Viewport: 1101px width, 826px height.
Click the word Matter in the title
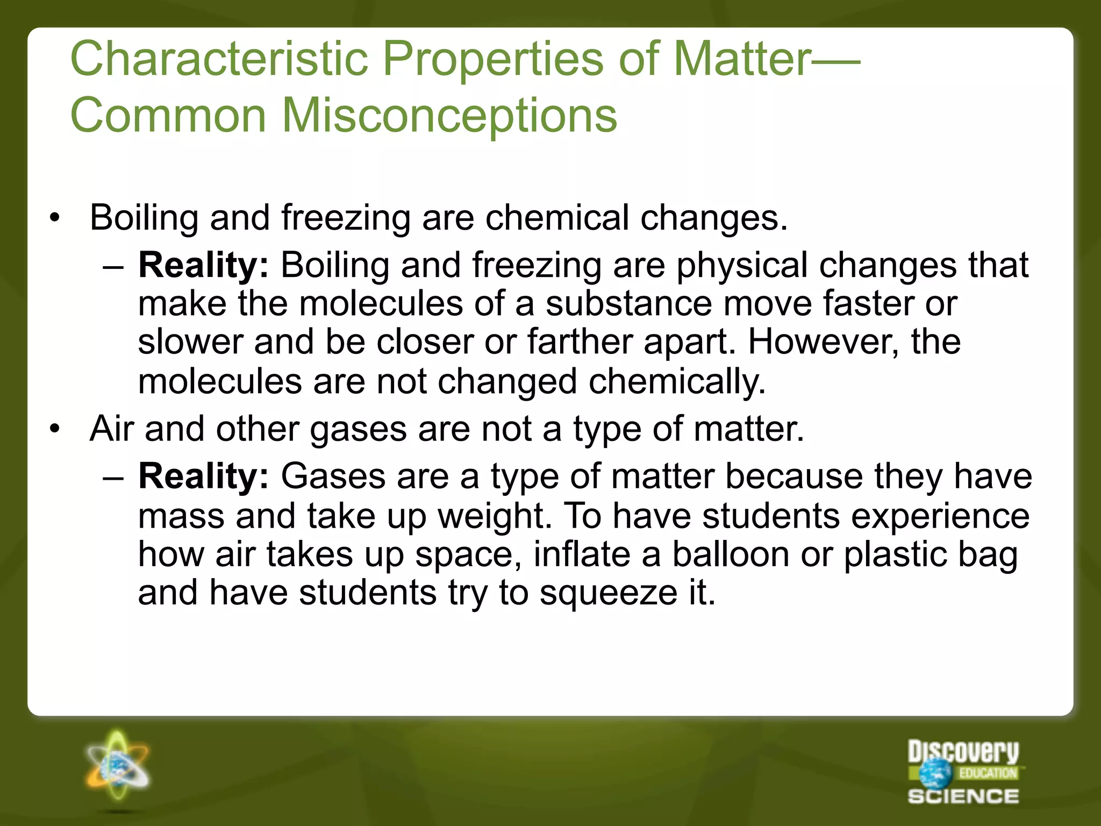tap(742, 59)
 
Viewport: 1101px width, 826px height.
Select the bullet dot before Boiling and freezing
tap(54, 218)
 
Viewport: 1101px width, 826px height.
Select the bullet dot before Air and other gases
tap(54, 430)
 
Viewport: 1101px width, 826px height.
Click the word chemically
tap(677, 382)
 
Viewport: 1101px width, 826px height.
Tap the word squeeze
tap(608, 593)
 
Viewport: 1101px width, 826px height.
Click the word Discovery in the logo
tap(963, 751)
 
